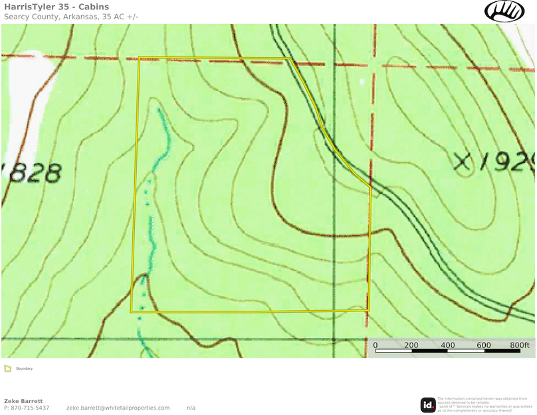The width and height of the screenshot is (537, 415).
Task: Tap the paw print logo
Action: (504, 11)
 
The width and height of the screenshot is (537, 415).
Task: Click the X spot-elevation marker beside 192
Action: (463, 161)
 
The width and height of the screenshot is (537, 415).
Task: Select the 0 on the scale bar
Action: (376, 345)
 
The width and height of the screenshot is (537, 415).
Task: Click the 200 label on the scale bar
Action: (411, 345)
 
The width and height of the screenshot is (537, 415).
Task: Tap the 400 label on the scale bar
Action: (447, 345)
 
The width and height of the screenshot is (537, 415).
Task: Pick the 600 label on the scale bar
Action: (483, 345)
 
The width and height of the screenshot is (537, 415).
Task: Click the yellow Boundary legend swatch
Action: (7, 369)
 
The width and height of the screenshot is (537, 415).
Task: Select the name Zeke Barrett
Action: (23, 401)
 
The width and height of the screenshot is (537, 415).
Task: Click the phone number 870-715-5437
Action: (30, 408)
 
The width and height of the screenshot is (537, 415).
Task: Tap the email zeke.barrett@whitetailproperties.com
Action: (118, 408)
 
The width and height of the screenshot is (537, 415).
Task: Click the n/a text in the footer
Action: (191, 408)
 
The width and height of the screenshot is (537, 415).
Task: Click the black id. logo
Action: (428, 404)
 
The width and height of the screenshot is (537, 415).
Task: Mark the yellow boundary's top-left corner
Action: (139, 58)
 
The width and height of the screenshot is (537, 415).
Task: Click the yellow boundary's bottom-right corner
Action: (369, 309)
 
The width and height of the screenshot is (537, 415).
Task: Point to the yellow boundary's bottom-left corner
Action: (132, 311)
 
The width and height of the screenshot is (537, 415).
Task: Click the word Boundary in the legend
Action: (25, 369)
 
